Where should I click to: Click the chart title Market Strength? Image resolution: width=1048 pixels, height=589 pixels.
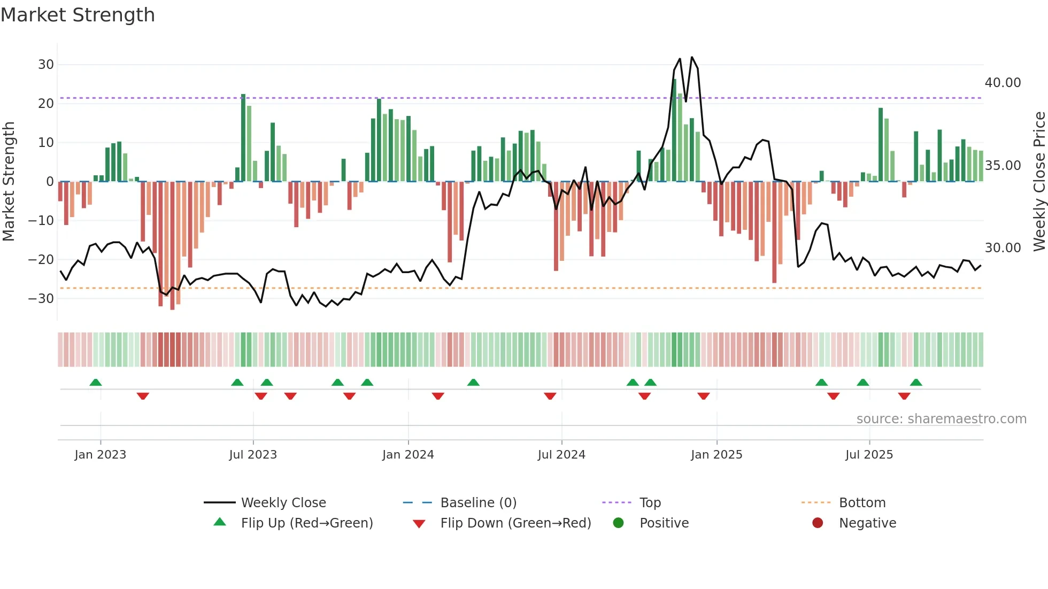point(78,15)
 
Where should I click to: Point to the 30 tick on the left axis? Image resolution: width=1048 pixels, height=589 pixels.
point(46,65)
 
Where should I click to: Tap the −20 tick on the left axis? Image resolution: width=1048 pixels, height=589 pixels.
point(41,260)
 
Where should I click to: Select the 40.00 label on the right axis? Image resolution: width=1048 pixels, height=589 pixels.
point(1003,83)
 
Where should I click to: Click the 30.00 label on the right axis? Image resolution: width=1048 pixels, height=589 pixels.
point(1003,248)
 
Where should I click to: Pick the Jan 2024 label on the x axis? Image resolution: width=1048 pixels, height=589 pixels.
point(408,455)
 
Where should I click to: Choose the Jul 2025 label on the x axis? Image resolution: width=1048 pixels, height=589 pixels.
point(869,455)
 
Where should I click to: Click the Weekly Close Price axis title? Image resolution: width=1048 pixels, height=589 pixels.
point(1039,181)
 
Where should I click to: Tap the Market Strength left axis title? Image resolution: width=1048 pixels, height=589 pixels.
point(9,181)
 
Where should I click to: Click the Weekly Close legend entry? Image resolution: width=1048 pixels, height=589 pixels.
point(283,503)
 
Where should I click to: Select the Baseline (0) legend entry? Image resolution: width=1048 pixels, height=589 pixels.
point(478,503)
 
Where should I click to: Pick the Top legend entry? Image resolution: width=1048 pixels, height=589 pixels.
point(650,503)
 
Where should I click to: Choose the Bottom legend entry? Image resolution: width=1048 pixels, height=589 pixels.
point(862,503)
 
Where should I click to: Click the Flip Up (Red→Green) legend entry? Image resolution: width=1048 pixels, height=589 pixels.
point(306,523)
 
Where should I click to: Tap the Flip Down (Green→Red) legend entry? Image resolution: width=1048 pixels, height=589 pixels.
point(515,523)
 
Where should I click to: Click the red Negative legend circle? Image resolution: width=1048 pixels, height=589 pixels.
point(818,523)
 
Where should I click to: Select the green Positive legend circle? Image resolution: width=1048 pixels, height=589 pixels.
point(619,523)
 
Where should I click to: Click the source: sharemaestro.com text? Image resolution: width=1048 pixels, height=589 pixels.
point(941,419)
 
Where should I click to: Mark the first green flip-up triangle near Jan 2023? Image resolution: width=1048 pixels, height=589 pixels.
point(96,383)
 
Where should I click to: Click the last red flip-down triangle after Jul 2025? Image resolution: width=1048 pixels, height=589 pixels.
point(904,396)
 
